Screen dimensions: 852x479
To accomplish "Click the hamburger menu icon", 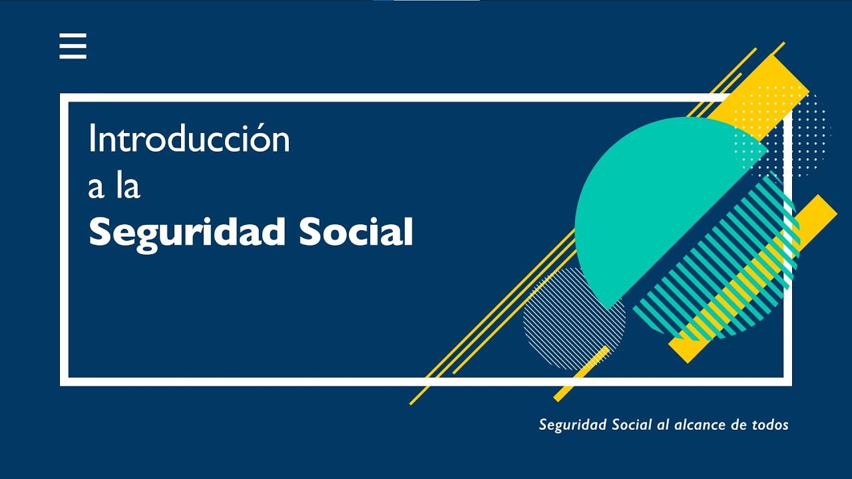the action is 73,46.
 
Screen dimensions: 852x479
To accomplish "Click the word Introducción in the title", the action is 189,138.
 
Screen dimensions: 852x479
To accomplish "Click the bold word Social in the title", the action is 355,232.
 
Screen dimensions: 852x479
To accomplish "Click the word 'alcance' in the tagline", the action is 699,424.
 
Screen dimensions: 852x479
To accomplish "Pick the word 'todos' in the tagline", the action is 770,424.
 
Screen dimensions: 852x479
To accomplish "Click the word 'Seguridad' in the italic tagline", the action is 573,425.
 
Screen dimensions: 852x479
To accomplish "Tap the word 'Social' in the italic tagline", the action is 632,424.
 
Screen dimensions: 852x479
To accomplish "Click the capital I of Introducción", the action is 92,138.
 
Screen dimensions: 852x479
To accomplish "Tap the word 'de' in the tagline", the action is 738,424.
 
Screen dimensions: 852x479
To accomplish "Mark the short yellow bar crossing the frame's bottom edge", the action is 581,373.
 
